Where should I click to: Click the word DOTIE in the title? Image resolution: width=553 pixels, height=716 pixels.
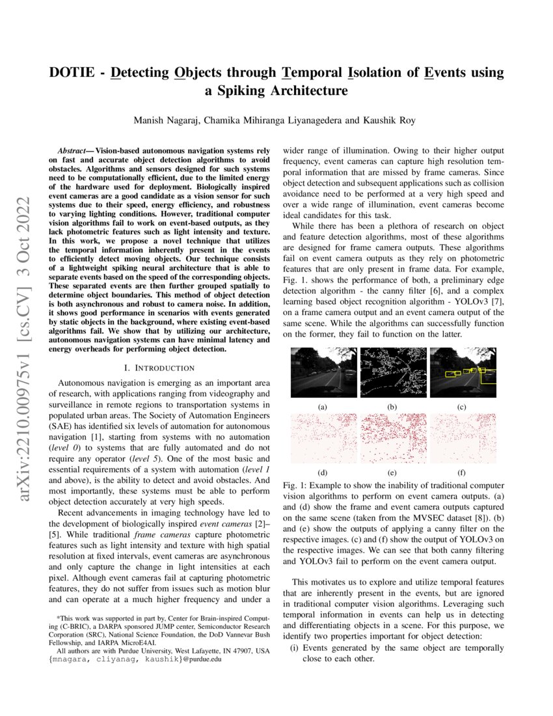(71, 73)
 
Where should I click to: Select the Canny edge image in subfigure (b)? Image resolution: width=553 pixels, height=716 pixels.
(392, 372)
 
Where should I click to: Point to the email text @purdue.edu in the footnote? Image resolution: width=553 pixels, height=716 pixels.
(202, 659)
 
